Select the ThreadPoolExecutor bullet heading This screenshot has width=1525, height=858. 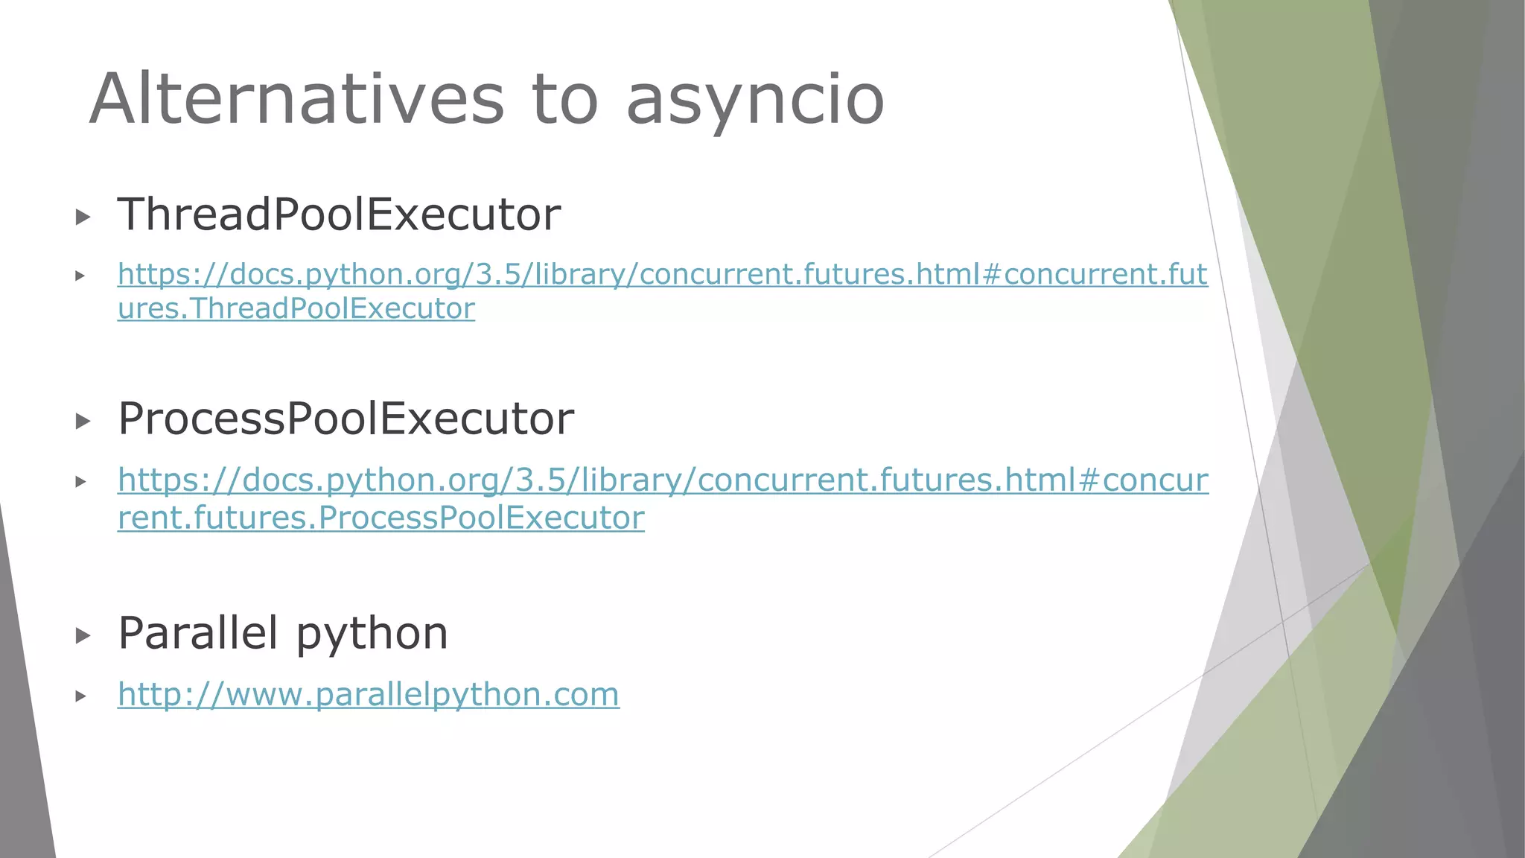[x=339, y=214]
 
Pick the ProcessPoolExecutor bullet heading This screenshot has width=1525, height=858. [x=346, y=419]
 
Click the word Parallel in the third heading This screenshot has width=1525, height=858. [x=198, y=633]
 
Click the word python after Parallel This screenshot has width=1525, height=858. [x=372, y=635]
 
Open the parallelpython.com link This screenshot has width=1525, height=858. [x=368, y=694]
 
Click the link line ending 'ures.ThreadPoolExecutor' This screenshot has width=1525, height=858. [x=296, y=308]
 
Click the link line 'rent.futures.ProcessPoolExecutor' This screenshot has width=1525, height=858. [x=381, y=518]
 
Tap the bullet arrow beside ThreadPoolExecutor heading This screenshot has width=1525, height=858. [x=83, y=217]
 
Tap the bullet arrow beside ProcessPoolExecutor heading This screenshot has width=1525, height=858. [x=83, y=422]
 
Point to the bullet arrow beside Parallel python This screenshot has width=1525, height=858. [x=83, y=636]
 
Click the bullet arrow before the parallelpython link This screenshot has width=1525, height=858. [x=80, y=696]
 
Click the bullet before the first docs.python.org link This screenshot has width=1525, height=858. [x=80, y=276]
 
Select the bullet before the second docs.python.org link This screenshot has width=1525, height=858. [x=80, y=482]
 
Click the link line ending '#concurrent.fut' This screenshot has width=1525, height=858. [x=662, y=274]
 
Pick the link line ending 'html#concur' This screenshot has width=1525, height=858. [x=662, y=480]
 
